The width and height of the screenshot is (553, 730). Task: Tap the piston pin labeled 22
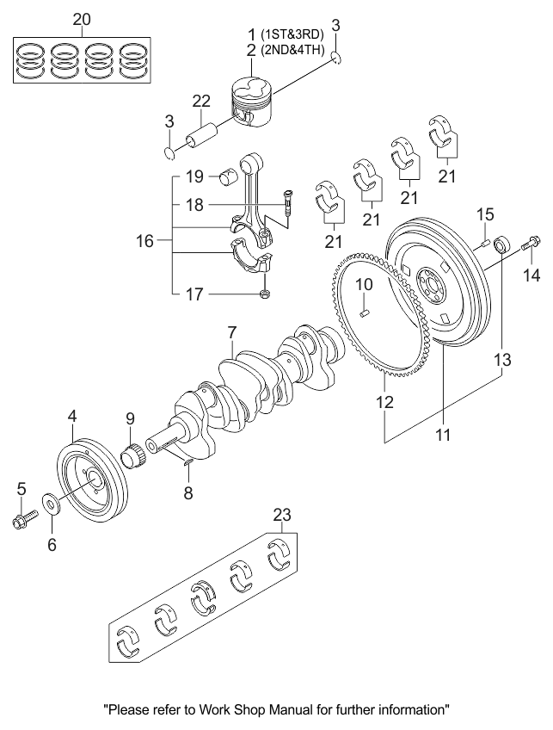point(202,135)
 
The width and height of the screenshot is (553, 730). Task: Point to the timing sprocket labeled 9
point(132,455)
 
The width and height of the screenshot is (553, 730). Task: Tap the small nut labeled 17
point(265,294)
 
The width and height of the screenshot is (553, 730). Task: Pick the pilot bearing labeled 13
point(501,244)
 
